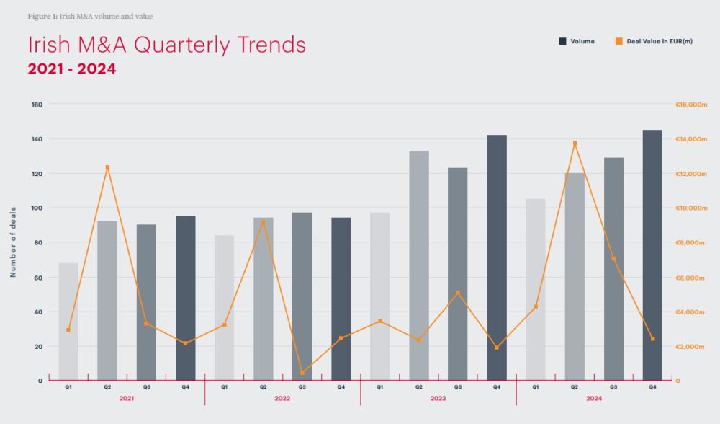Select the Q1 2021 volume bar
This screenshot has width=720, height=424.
pyautogui.click(x=68, y=322)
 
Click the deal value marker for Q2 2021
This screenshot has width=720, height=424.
pyautogui.click(x=107, y=167)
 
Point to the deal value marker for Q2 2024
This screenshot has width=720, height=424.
pyautogui.click(x=575, y=143)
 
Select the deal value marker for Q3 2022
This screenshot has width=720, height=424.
pyautogui.click(x=302, y=372)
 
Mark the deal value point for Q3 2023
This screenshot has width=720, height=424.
pyautogui.click(x=458, y=293)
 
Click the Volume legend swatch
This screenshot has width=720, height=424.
pyautogui.click(x=562, y=41)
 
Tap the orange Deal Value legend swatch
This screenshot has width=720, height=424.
pyautogui.click(x=618, y=41)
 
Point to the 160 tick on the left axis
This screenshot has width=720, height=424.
pyautogui.click(x=37, y=105)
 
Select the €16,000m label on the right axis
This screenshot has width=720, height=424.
pyautogui.click(x=691, y=105)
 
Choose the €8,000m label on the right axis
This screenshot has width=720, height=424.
pyautogui.click(x=690, y=242)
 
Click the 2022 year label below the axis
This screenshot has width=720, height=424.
pyautogui.click(x=282, y=398)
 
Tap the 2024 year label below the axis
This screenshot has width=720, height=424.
pyautogui.click(x=594, y=398)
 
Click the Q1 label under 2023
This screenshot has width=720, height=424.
pyautogui.click(x=379, y=387)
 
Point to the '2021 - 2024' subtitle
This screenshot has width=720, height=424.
pyautogui.click(x=72, y=69)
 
